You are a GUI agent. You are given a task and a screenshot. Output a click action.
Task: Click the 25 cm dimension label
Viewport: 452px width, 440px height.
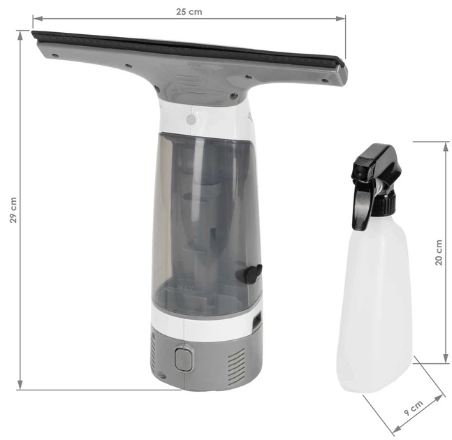(x=189, y=12)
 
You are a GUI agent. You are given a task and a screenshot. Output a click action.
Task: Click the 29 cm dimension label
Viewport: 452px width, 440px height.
(x=13, y=210)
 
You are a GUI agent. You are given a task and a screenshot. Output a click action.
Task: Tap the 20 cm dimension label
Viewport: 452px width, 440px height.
(x=439, y=253)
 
